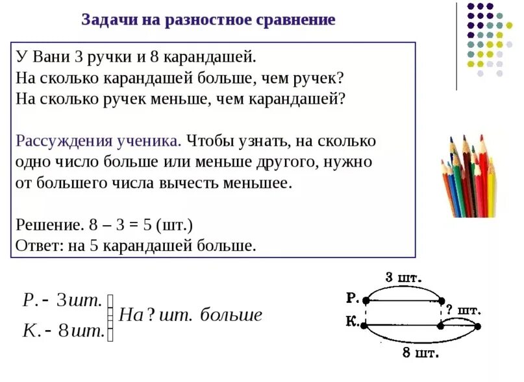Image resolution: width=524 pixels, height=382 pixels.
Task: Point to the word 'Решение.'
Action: click(47, 225)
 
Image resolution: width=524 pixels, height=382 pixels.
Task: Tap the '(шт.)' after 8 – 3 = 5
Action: click(174, 225)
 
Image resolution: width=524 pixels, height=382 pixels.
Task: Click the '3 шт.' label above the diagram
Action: click(403, 278)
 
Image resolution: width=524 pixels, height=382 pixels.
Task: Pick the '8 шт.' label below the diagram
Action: click(420, 353)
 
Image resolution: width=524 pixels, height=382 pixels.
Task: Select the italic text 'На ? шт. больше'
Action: click(191, 315)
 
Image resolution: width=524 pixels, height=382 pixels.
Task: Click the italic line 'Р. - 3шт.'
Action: click(62, 300)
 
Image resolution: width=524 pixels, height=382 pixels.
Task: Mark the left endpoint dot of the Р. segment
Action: click(367, 300)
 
